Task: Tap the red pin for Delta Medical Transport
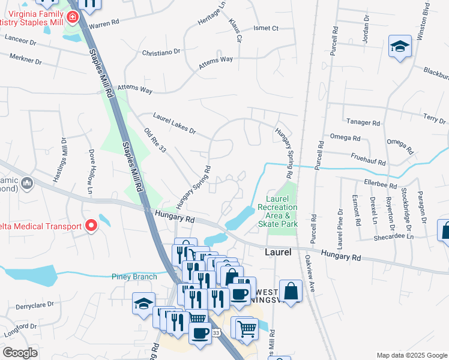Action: tap(91, 226)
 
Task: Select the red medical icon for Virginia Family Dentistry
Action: tap(73, 17)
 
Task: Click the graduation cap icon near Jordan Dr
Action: tap(399, 47)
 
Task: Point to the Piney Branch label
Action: tap(134, 277)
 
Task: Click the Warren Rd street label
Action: tap(105, 26)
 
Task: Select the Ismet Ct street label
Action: tap(267, 28)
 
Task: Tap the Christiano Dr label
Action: tap(161, 52)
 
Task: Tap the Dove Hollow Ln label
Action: tap(92, 172)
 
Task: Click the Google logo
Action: tap(20, 352)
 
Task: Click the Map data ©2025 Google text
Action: tap(411, 355)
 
